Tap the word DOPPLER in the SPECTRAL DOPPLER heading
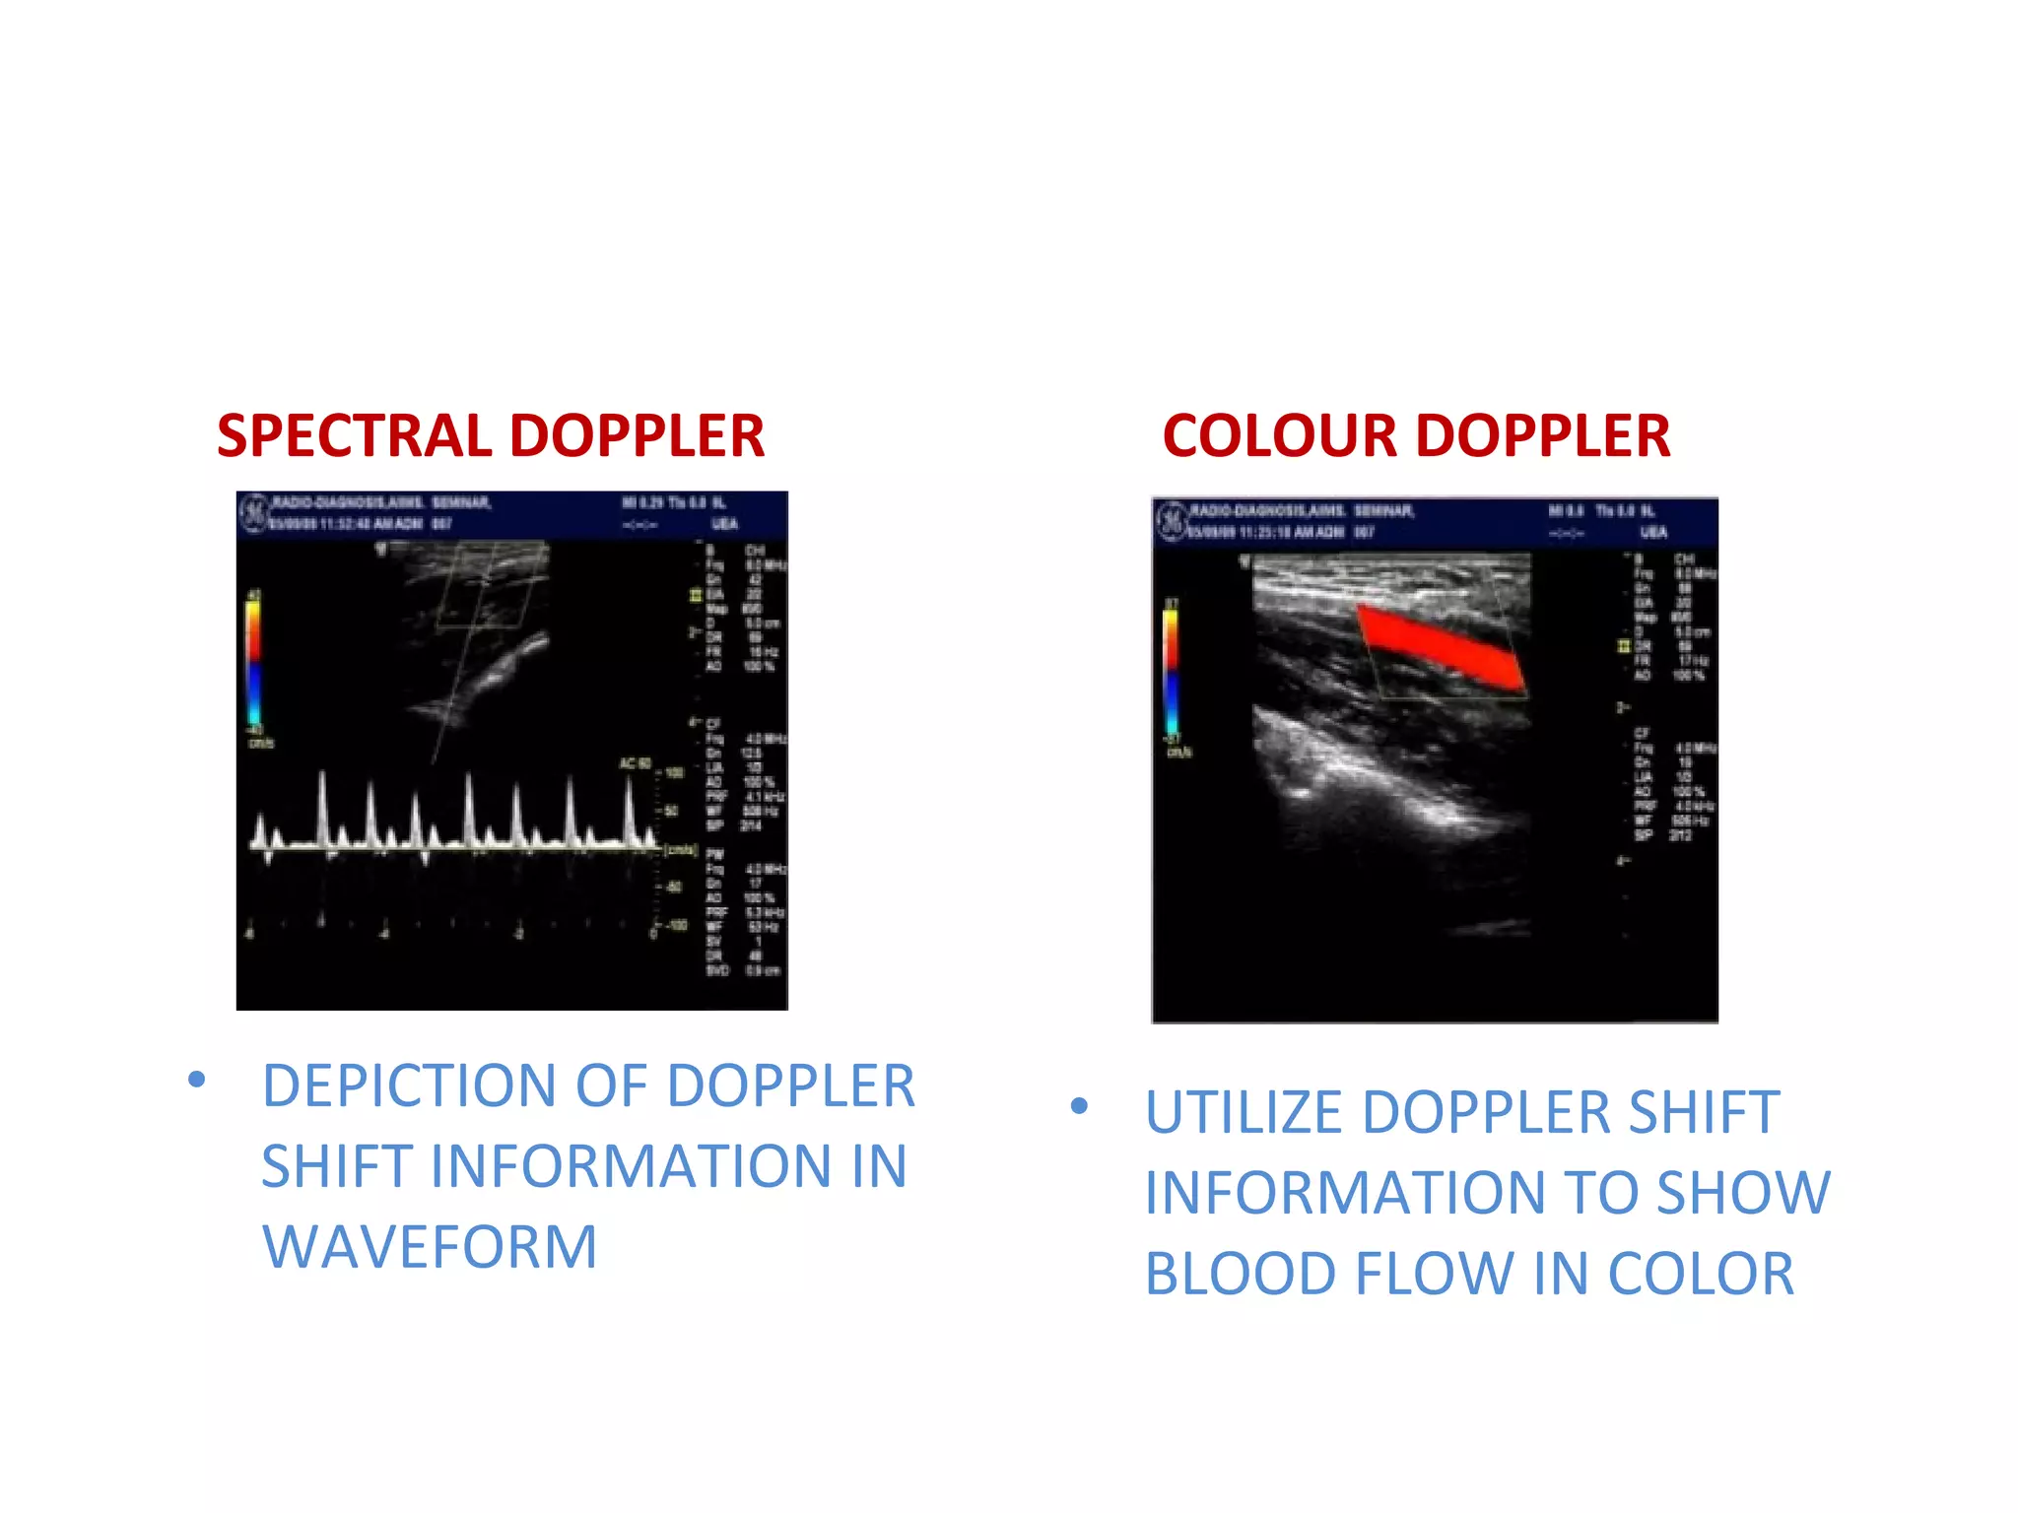coord(636,436)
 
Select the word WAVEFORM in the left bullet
coord(430,1247)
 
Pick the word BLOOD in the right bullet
coord(1240,1275)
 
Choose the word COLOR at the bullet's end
coord(1701,1275)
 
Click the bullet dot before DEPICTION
coord(197,1081)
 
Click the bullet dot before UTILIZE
coord(1079,1106)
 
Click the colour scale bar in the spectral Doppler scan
coord(253,661)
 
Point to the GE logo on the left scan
coord(254,512)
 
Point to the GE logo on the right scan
coord(1171,521)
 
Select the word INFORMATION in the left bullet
coord(631,1167)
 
